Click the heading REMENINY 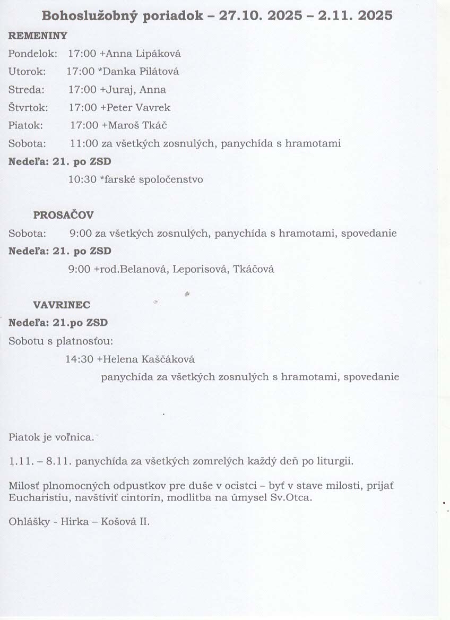[x=38, y=36]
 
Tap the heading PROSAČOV [x=64, y=215]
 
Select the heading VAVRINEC [x=62, y=305]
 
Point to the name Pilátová [x=157, y=72]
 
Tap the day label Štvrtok [x=28, y=108]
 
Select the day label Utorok [x=27, y=72]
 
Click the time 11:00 [x=82, y=143]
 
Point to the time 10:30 [x=81, y=179]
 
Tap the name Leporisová [x=203, y=269]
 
